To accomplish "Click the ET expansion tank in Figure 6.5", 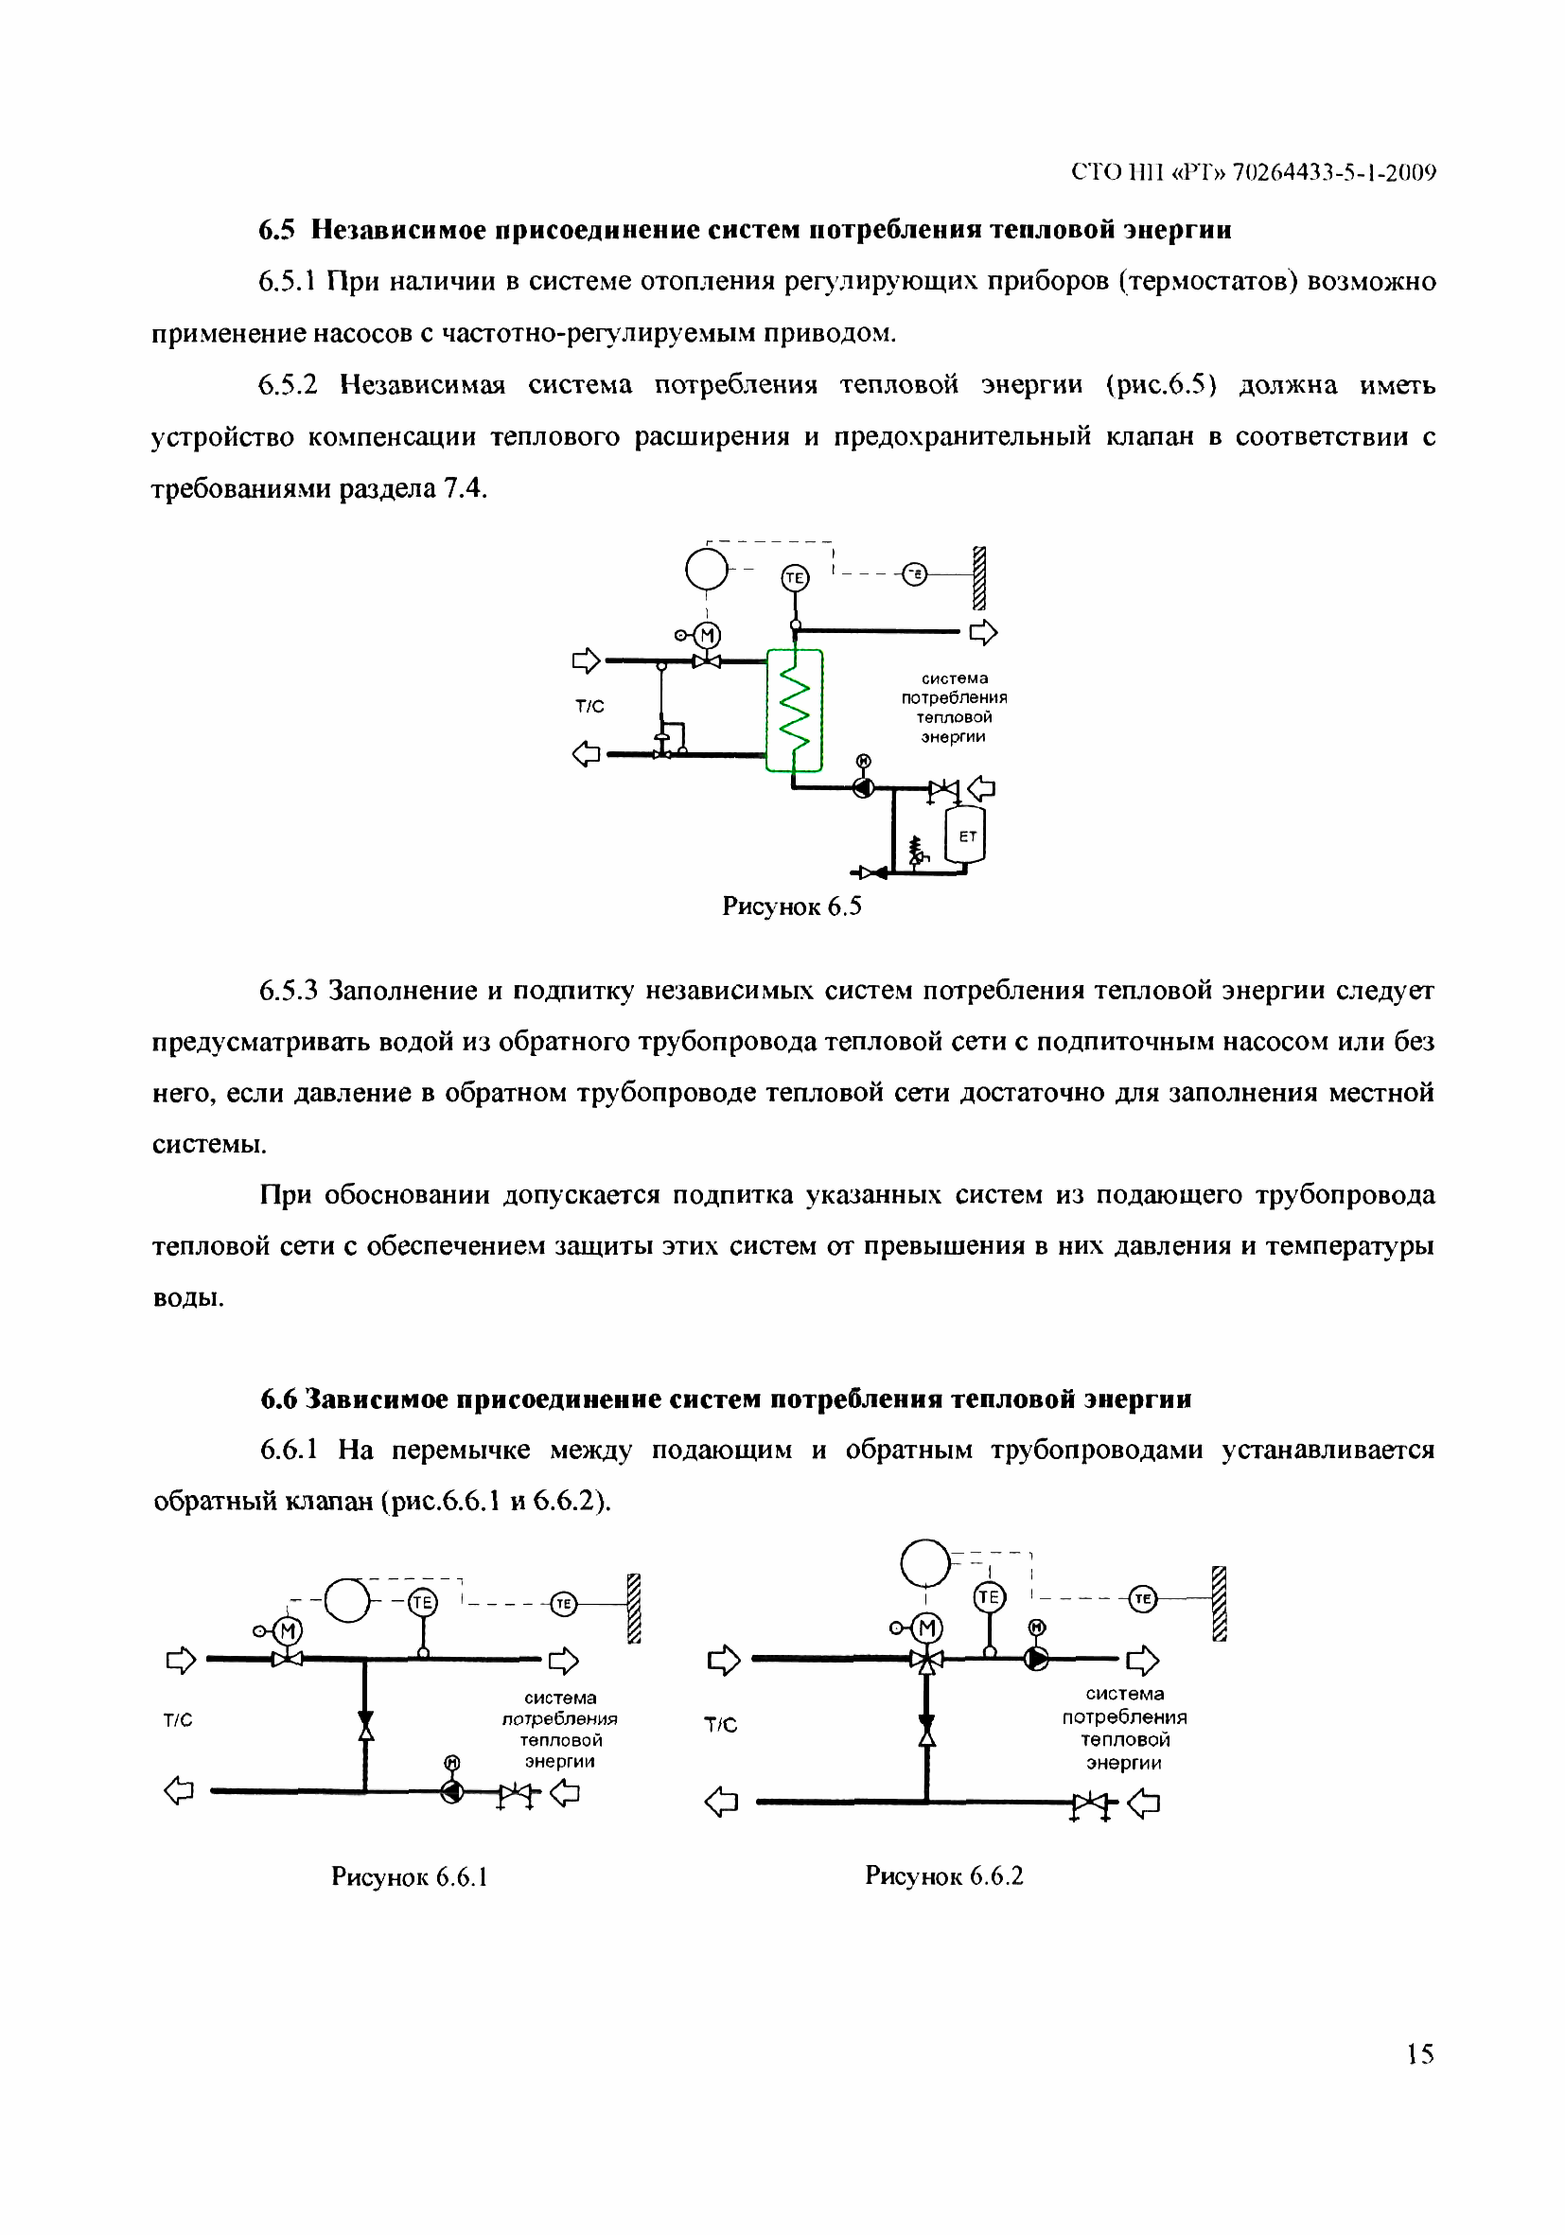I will click(x=964, y=836).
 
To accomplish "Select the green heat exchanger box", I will click(x=794, y=710).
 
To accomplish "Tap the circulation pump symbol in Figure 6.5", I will click(x=862, y=787).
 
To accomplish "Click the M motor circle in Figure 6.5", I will click(x=707, y=636).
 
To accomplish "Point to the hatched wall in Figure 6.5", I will click(x=979, y=577).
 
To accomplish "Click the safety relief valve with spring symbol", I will click(x=916, y=851).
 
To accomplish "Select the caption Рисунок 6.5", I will click(x=791, y=906).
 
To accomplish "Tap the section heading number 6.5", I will click(x=275, y=230).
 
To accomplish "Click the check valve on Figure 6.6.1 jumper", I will click(x=365, y=1726).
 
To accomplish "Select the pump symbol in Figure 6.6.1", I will click(x=451, y=1791).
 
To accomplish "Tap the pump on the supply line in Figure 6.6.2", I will click(x=1036, y=1658).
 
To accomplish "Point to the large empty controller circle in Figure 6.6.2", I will click(x=924, y=1563).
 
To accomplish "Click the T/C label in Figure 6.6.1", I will click(x=178, y=1720).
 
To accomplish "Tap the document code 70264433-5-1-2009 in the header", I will click(x=1333, y=172).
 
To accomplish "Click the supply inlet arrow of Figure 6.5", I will click(x=585, y=661).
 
